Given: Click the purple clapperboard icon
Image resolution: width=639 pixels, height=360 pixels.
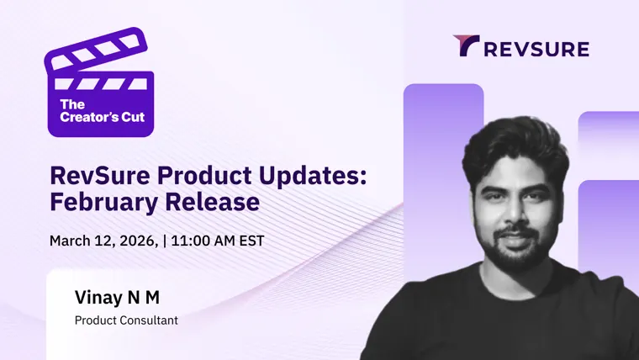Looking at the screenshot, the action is coord(100,83).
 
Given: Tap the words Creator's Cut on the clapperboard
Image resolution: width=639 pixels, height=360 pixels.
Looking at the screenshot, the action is coord(103,117).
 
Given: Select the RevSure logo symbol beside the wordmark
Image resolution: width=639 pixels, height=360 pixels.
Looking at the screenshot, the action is coord(466,45).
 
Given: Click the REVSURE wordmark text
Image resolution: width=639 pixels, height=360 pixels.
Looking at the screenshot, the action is coord(536,49).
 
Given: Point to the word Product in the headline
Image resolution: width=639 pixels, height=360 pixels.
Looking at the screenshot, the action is coord(204,175).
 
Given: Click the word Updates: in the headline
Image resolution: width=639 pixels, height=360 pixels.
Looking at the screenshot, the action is coord(313,176).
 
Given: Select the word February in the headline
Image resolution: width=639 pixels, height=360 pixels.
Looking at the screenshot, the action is coord(104,202).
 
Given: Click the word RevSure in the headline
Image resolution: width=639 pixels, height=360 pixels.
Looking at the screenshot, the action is coord(100,175).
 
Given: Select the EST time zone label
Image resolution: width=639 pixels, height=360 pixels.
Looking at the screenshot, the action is coord(252,241).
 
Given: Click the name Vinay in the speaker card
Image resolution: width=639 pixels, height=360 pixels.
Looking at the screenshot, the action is coord(98,298).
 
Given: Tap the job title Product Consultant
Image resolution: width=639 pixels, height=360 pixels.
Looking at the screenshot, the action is coord(126,320).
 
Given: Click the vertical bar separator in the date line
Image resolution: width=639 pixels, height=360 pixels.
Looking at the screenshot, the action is coord(165,241).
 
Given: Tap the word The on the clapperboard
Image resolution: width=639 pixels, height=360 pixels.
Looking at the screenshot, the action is coord(72,105).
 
